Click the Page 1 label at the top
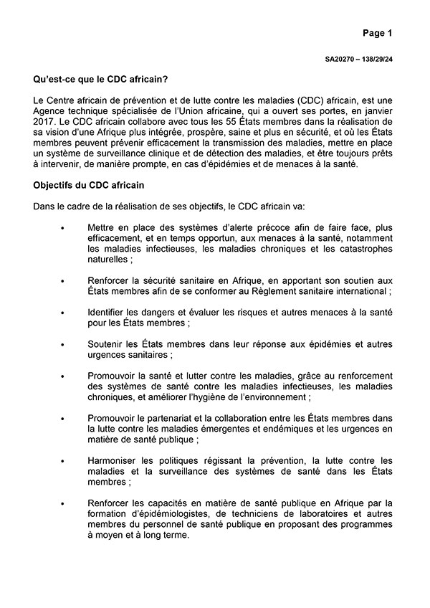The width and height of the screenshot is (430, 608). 377,32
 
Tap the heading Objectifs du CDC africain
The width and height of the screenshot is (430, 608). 90,185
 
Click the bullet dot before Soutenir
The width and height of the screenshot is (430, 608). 63,345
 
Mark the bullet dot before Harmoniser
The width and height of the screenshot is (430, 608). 63,461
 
